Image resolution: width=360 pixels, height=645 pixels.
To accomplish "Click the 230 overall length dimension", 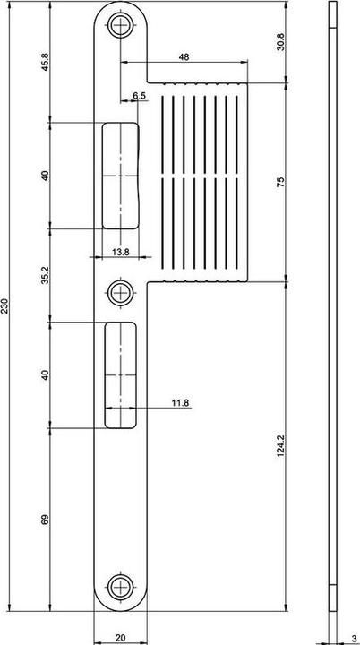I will click(6, 306).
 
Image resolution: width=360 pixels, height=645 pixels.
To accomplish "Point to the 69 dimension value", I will click(45, 519).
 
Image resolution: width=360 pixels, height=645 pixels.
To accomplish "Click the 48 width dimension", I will click(184, 56).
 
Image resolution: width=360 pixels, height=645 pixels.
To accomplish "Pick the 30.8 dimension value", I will click(280, 42).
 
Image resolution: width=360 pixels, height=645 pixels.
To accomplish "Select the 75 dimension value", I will click(280, 182).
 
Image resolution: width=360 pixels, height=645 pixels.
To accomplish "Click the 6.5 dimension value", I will click(140, 95).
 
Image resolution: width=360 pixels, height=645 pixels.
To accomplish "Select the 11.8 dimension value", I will click(179, 403).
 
